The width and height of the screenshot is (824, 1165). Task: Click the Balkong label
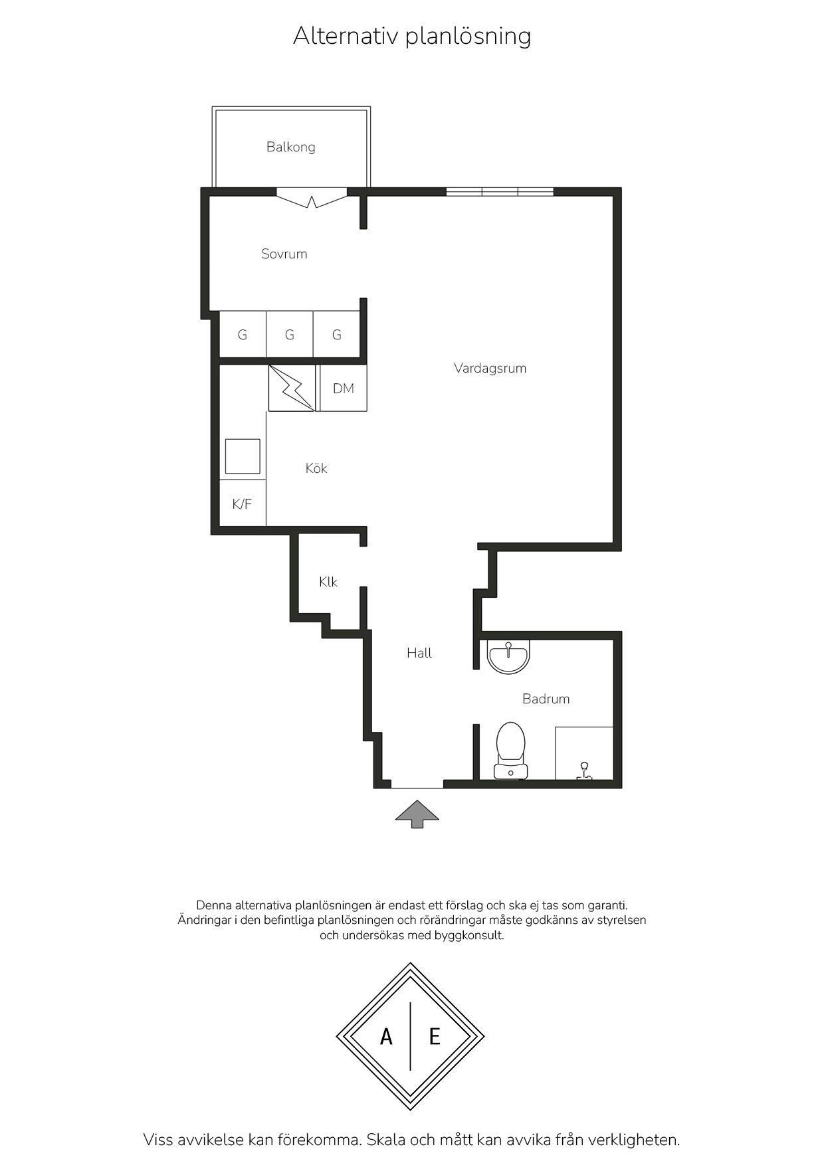coord(290,147)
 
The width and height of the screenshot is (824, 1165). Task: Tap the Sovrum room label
coord(284,254)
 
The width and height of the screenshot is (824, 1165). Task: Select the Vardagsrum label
coord(490,368)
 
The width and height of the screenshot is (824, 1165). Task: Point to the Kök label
coord(316,468)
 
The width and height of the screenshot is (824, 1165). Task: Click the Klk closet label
coord(328,582)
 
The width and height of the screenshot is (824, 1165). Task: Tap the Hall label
coord(419,653)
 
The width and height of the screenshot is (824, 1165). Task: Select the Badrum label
coord(546,699)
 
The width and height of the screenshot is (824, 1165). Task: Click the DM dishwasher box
coord(343,388)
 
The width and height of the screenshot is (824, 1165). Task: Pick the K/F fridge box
coord(243,503)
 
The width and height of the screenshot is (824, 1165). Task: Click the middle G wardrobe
coord(290,335)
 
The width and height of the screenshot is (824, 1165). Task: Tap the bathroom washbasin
coord(508,656)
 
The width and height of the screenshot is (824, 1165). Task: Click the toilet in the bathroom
coord(510,751)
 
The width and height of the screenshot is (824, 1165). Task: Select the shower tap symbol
coord(584,770)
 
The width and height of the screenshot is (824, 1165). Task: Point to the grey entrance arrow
coord(417,814)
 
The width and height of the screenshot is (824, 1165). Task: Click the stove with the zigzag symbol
coord(292,388)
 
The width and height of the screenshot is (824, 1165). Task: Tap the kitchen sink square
coord(243,456)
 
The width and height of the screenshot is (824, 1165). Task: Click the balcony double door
coord(312,198)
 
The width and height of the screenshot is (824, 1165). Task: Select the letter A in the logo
coord(386,1036)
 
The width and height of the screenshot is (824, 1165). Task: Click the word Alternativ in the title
coord(346,35)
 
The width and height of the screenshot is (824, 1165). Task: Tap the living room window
coord(500,192)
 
